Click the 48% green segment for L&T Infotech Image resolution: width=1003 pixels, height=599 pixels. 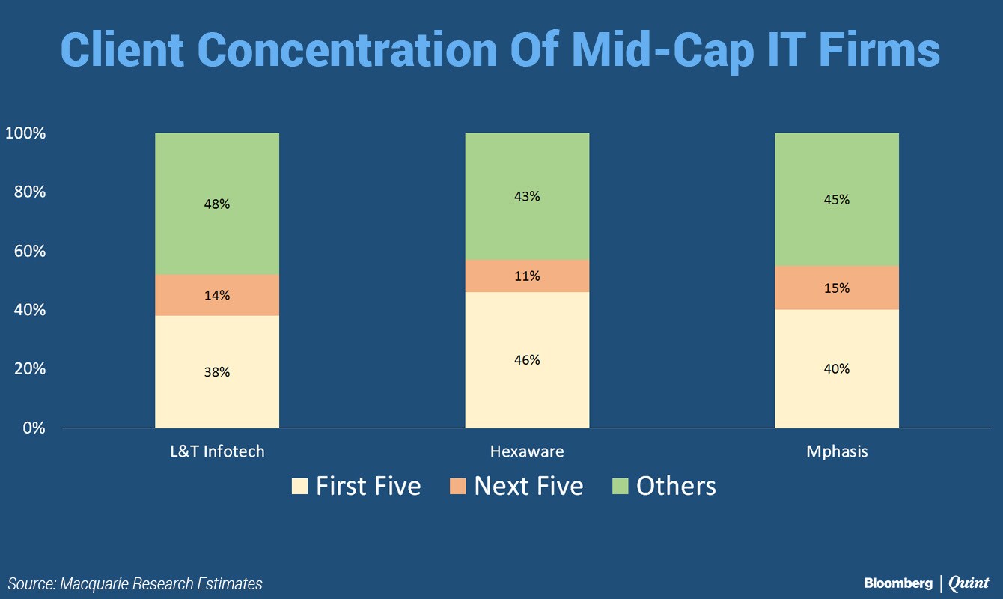(217, 204)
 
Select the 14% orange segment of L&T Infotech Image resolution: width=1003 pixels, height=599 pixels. (217, 295)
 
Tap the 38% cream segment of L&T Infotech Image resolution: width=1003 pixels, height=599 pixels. (217, 372)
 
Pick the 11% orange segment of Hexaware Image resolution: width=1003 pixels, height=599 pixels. (527, 276)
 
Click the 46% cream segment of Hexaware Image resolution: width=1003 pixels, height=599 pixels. (527, 359)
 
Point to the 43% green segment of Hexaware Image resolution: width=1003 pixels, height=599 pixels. (527, 196)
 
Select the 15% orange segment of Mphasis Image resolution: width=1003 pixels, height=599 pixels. (837, 288)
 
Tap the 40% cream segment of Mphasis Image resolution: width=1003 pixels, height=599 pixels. (837, 368)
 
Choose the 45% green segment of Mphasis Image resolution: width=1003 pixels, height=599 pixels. (837, 199)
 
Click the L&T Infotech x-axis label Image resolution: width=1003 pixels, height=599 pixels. (217, 451)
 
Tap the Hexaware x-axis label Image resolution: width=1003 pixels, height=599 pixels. (527, 451)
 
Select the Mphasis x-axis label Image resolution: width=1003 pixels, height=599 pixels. (837, 451)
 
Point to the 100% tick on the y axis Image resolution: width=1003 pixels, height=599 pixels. (25, 133)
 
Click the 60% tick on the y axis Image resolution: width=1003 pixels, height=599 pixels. (29, 251)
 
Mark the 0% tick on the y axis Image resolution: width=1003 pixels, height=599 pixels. (34, 428)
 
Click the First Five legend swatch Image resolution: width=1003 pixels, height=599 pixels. (299, 486)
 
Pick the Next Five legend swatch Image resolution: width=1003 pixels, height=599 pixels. (457, 486)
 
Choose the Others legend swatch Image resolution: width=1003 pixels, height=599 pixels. (621, 486)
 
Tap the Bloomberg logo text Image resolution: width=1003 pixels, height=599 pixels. (898, 583)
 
